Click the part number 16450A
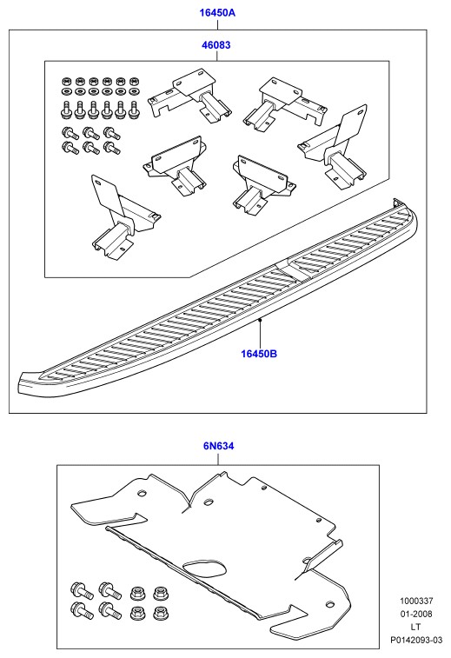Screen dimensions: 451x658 click(217, 12)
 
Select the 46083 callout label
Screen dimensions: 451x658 click(216, 45)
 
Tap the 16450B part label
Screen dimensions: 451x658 click(259, 354)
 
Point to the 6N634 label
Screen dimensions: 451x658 click(219, 446)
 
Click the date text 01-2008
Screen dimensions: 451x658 click(416, 614)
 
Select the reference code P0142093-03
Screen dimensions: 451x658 click(416, 640)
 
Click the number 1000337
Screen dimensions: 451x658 click(416, 601)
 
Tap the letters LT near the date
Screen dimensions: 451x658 click(415, 627)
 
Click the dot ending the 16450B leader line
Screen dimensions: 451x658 click(260, 320)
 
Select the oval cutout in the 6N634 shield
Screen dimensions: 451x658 click(205, 568)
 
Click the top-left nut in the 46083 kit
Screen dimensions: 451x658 click(66, 81)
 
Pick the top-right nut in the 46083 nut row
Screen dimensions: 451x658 click(134, 81)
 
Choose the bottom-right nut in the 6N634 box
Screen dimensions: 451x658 click(159, 612)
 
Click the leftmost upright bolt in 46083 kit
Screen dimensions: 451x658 click(66, 110)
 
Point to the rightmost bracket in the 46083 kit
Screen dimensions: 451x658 click(334, 149)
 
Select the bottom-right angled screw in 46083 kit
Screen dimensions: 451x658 click(112, 147)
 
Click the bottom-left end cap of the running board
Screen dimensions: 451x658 click(30, 382)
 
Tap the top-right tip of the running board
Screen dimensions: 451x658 click(395, 200)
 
